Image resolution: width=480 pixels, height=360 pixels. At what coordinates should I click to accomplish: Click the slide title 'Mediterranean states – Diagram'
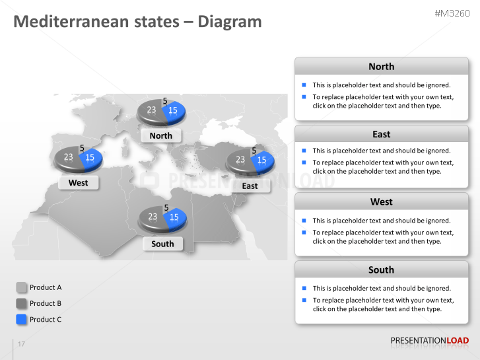137,22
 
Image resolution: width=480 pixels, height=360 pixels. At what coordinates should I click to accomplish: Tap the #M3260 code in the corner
452,13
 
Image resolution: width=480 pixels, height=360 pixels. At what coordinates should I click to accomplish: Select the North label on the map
160,135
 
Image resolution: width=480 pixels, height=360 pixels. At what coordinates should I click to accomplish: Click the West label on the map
78,182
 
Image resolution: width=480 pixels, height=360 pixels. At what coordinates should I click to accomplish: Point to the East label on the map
250,186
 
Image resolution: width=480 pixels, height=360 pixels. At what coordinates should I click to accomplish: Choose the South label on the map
162,244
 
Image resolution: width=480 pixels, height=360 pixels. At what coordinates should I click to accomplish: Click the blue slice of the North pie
174,111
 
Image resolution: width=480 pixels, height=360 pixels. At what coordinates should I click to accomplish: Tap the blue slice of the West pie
91,158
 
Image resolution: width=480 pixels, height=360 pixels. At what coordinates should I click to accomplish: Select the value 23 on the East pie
240,160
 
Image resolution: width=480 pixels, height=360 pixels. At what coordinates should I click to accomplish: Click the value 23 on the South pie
153,217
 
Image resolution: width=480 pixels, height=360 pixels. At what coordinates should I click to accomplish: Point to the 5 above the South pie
166,207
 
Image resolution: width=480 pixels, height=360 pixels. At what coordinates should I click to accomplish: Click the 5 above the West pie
82,149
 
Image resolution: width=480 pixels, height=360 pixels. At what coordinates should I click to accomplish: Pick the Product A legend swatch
21,287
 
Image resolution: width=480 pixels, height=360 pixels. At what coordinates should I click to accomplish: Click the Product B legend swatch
21,303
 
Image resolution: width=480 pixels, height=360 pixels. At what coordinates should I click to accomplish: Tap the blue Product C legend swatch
21,319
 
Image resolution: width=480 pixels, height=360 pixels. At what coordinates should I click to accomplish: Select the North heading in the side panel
381,67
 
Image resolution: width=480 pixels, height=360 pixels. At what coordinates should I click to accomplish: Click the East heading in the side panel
381,134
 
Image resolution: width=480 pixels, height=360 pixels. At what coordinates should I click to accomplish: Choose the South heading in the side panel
381,270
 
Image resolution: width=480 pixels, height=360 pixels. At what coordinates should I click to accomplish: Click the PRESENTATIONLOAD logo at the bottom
429,341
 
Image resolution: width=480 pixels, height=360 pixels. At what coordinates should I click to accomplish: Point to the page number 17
22,344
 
